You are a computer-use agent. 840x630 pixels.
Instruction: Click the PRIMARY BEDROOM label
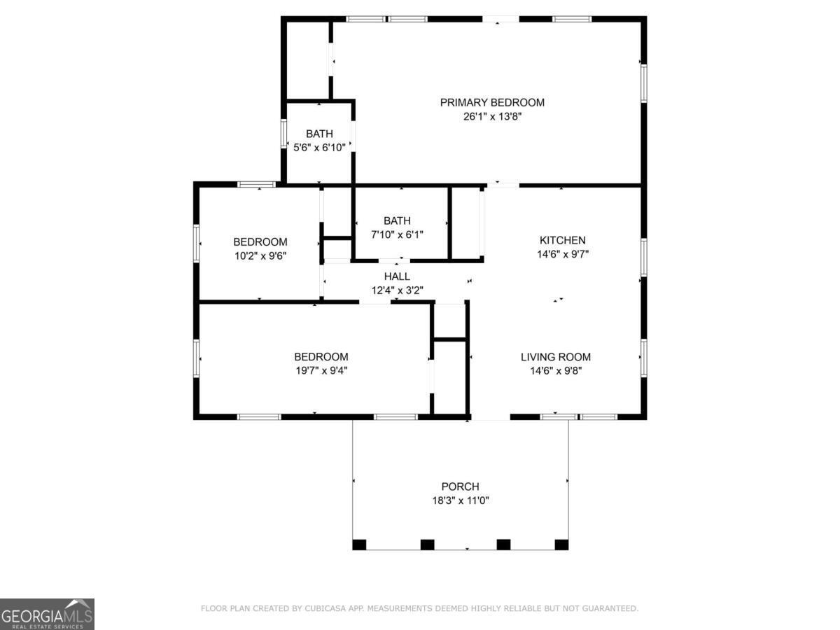tap(491, 102)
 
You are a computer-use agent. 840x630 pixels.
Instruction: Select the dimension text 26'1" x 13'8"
tap(491, 117)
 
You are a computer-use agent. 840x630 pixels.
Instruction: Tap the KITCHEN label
tap(562, 240)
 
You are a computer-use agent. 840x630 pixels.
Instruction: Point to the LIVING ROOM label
tap(556, 356)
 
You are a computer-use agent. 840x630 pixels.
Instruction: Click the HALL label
tap(397, 276)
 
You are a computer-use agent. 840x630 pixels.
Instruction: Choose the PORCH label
tap(460, 486)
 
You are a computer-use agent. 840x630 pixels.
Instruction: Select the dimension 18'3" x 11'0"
tap(460, 501)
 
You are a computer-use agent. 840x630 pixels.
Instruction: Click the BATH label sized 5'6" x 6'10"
tap(319, 134)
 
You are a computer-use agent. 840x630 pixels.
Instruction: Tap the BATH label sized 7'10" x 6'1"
tap(397, 220)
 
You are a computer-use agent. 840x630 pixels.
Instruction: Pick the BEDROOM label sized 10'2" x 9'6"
tap(260, 241)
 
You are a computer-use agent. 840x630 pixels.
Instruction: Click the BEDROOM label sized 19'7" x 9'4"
tap(321, 356)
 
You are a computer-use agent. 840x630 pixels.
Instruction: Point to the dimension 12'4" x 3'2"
tap(397, 290)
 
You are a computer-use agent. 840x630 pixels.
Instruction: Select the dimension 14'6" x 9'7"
tap(562, 255)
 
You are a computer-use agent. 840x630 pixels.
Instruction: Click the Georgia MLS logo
tap(47, 614)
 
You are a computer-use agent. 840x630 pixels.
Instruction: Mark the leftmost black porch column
tap(359, 544)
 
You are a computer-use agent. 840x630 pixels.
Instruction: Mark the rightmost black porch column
tap(561, 544)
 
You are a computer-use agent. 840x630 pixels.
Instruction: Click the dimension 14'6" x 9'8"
tap(556, 371)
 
